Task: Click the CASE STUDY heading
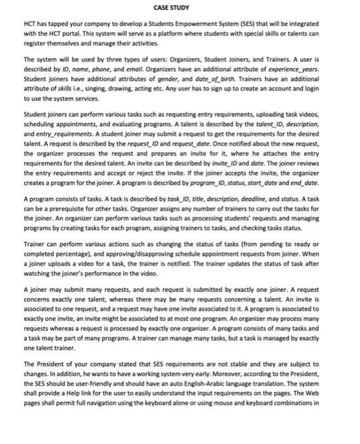pyautogui.click(x=179, y=7)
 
